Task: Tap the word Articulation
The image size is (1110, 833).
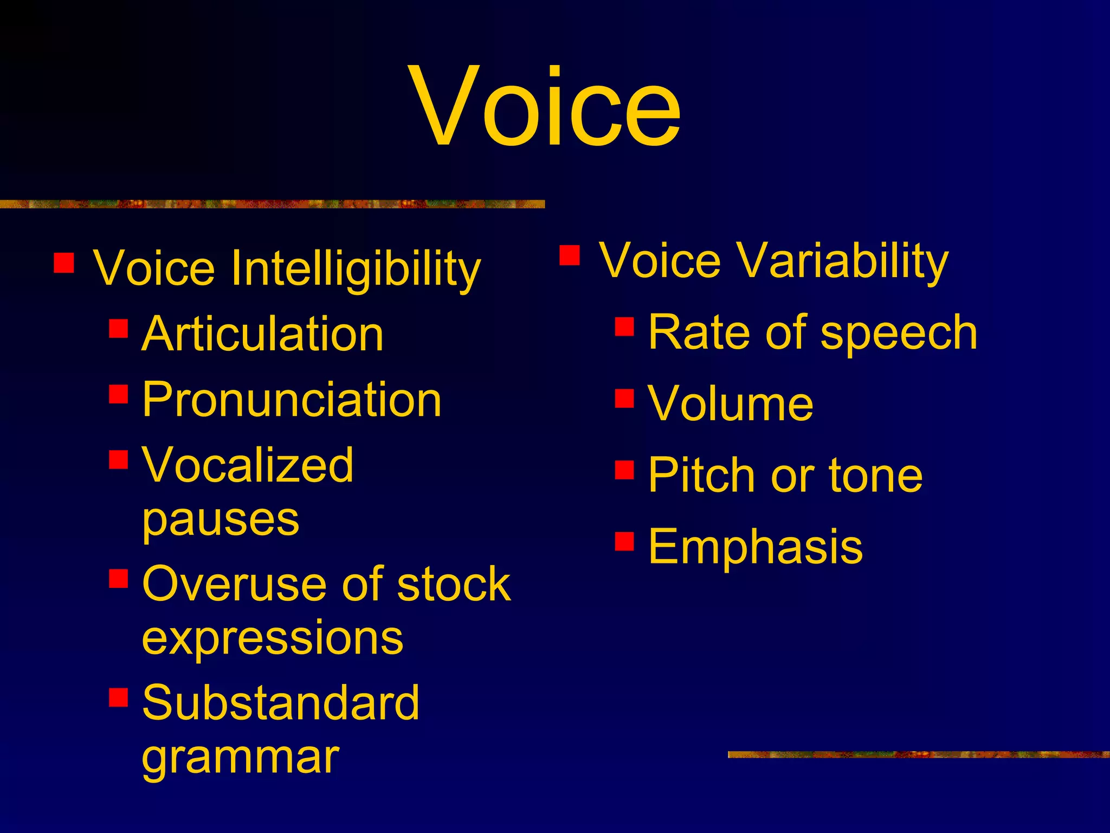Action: click(263, 334)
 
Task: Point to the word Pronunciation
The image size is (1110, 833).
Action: click(292, 400)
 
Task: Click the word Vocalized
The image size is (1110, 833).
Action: click(248, 465)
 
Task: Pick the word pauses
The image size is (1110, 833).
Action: click(221, 520)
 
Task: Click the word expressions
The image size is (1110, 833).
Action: click(273, 639)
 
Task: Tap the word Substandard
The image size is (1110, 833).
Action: click(281, 703)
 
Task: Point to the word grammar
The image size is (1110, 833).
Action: click(241, 758)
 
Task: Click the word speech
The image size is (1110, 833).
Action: click(899, 332)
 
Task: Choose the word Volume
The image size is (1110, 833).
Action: click(731, 403)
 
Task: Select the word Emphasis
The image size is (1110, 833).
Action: click(756, 547)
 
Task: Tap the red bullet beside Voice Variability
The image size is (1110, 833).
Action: click(570, 255)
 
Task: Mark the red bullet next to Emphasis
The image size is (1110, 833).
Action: click(624, 541)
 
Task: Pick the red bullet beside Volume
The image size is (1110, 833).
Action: click(624, 398)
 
